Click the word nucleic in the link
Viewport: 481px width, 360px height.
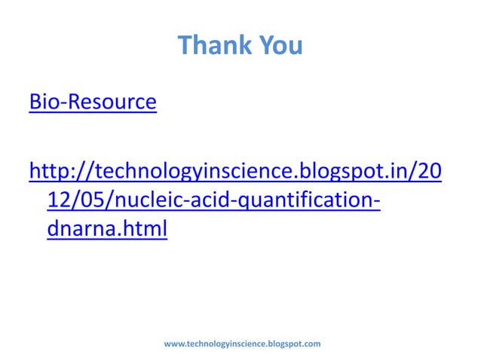(144, 201)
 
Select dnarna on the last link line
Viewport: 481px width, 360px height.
(79, 230)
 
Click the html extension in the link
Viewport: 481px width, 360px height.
(141, 230)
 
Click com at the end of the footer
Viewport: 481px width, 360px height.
(313, 344)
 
